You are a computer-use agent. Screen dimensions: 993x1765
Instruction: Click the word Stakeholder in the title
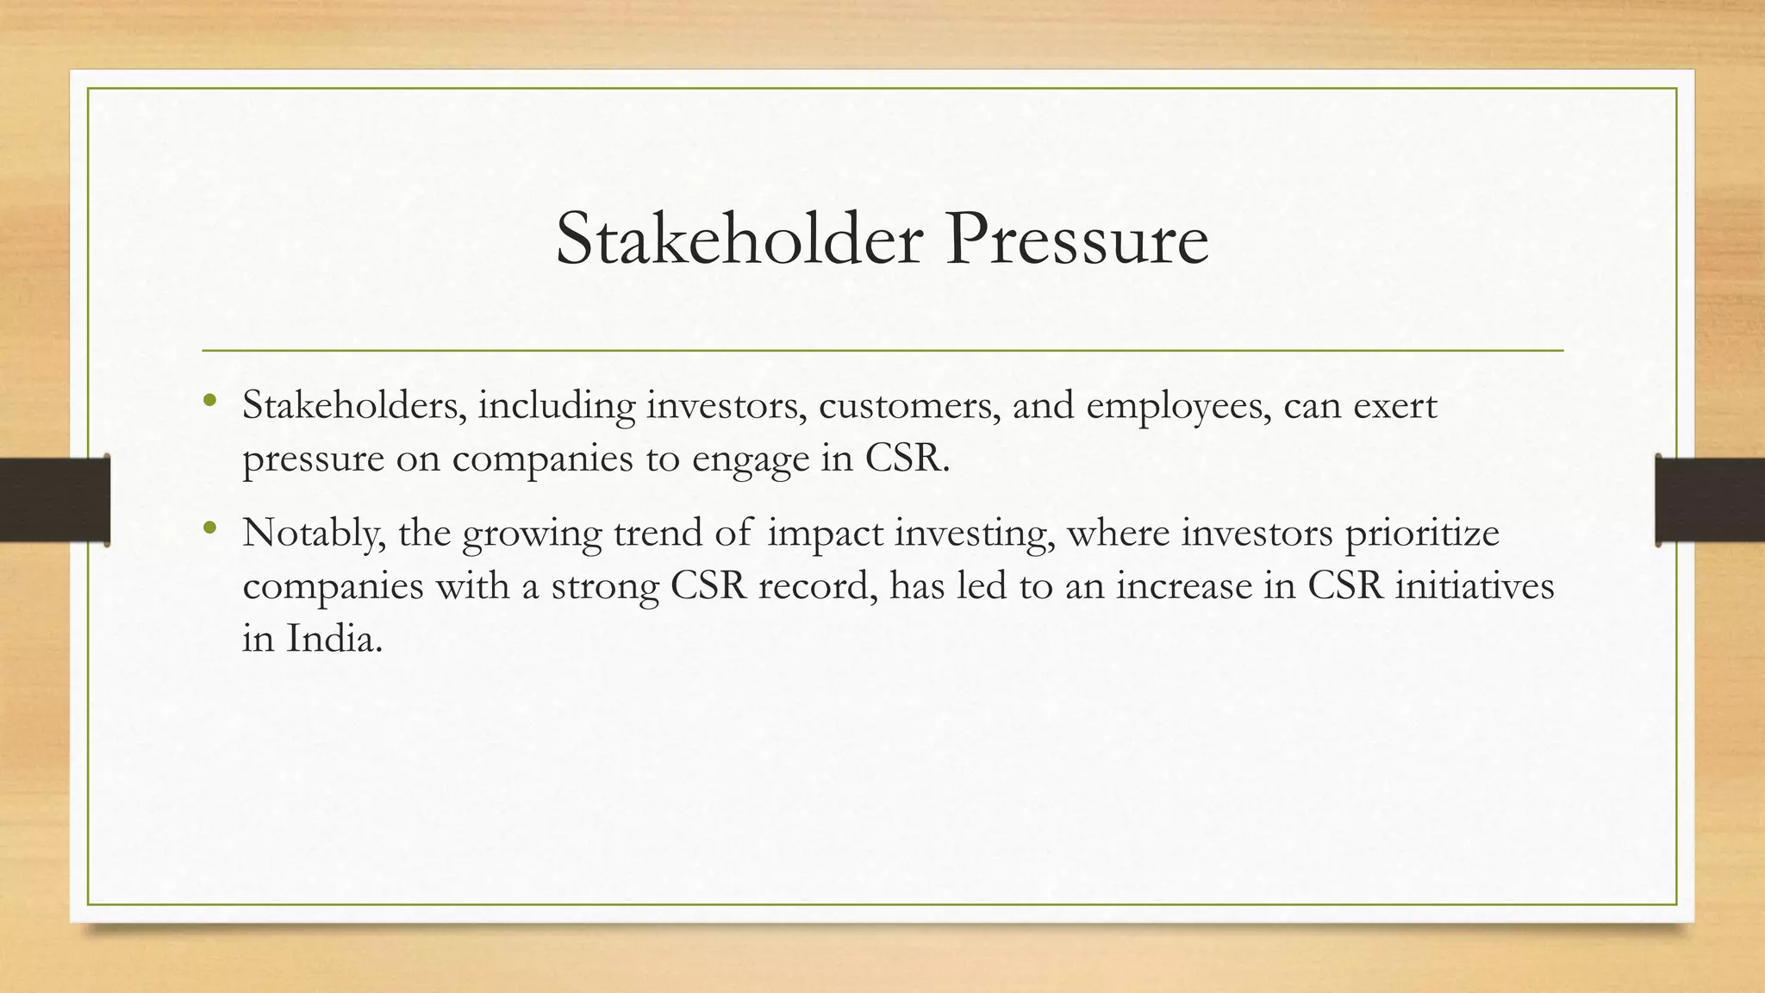739,240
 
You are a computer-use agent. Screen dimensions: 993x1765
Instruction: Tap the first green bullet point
209,400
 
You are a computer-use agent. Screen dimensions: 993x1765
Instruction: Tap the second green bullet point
209,528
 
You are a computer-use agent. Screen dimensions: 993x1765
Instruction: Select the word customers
908,406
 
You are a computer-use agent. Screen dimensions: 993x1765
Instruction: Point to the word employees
1177,406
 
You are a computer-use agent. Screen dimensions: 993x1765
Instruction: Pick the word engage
751,459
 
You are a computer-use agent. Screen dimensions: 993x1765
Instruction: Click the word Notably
314,534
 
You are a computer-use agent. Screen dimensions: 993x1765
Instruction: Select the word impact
825,534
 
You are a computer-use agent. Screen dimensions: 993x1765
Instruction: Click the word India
334,639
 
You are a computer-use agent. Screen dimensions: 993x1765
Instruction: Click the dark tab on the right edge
1710,500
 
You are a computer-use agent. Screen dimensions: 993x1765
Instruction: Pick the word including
557,406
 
